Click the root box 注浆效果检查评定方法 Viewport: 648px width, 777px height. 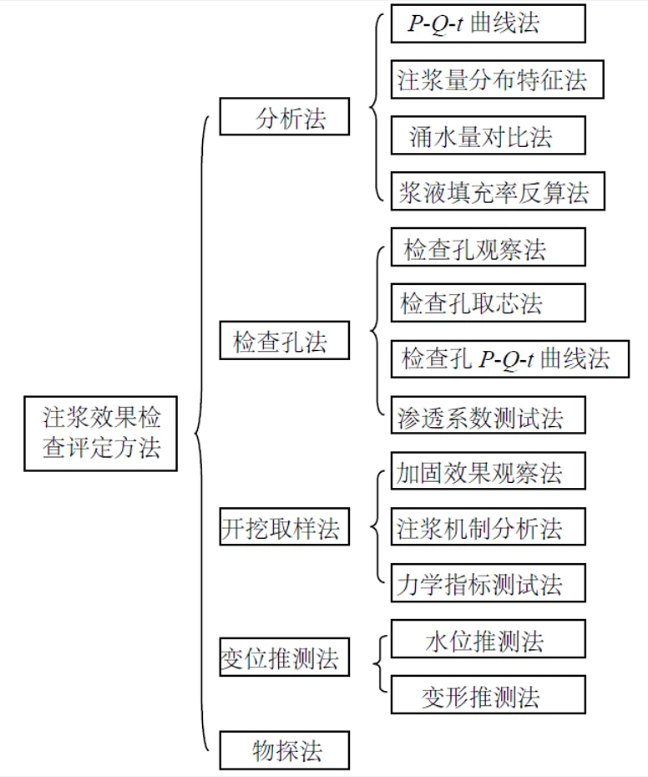100,433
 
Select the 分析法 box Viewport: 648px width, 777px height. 284,116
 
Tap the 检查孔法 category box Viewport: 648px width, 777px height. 284,341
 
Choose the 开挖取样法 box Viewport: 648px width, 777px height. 284,526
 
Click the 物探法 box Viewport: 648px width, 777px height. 284,749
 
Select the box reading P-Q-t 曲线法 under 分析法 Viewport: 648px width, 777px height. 488,24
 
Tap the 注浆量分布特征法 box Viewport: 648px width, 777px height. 497,79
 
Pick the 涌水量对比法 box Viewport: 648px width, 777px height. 488,135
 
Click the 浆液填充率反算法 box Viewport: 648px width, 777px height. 497,191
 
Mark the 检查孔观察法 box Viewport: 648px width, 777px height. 488,247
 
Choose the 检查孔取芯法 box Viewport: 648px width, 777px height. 488,302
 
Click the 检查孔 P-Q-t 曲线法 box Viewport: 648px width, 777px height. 509,358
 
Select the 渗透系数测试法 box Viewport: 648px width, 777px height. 488,415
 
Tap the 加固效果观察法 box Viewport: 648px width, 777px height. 488,471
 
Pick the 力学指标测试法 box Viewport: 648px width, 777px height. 488,583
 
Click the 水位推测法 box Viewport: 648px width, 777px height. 488,640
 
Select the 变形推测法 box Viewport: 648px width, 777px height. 488,695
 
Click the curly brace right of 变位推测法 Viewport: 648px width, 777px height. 380,665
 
